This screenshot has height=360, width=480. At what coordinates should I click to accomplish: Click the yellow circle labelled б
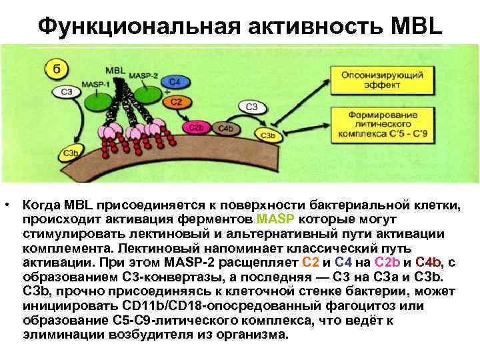coord(53,68)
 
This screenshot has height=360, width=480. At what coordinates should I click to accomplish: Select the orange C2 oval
coord(176,101)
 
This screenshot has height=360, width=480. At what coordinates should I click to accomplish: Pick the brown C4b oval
coord(225,128)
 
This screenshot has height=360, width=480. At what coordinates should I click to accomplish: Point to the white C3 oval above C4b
coord(251,106)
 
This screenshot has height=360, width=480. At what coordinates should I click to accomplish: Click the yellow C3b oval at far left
coord(71,154)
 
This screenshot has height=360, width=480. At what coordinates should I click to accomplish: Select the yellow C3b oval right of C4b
coord(268,135)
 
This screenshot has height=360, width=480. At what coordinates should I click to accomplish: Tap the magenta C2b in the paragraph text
coord(389,262)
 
